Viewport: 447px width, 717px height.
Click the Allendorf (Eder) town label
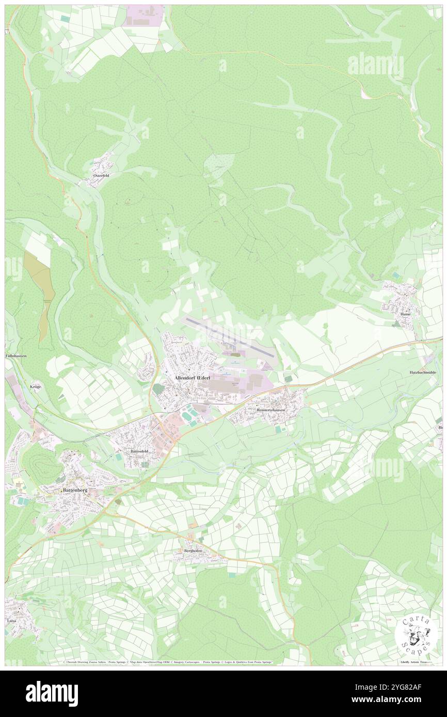[x=189, y=378]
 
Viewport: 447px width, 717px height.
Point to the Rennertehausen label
[x=272, y=410]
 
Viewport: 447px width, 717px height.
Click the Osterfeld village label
[x=101, y=175]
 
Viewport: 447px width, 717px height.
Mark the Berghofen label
[x=193, y=551]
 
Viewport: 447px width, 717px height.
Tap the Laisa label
[x=12, y=621]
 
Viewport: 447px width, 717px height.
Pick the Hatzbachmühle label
[x=425, y=372]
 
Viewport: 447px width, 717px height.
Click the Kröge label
[x=35, y=386]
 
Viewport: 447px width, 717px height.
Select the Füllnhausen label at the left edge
[x=16, y=356]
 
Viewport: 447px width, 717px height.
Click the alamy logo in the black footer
[x=52, y=693]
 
